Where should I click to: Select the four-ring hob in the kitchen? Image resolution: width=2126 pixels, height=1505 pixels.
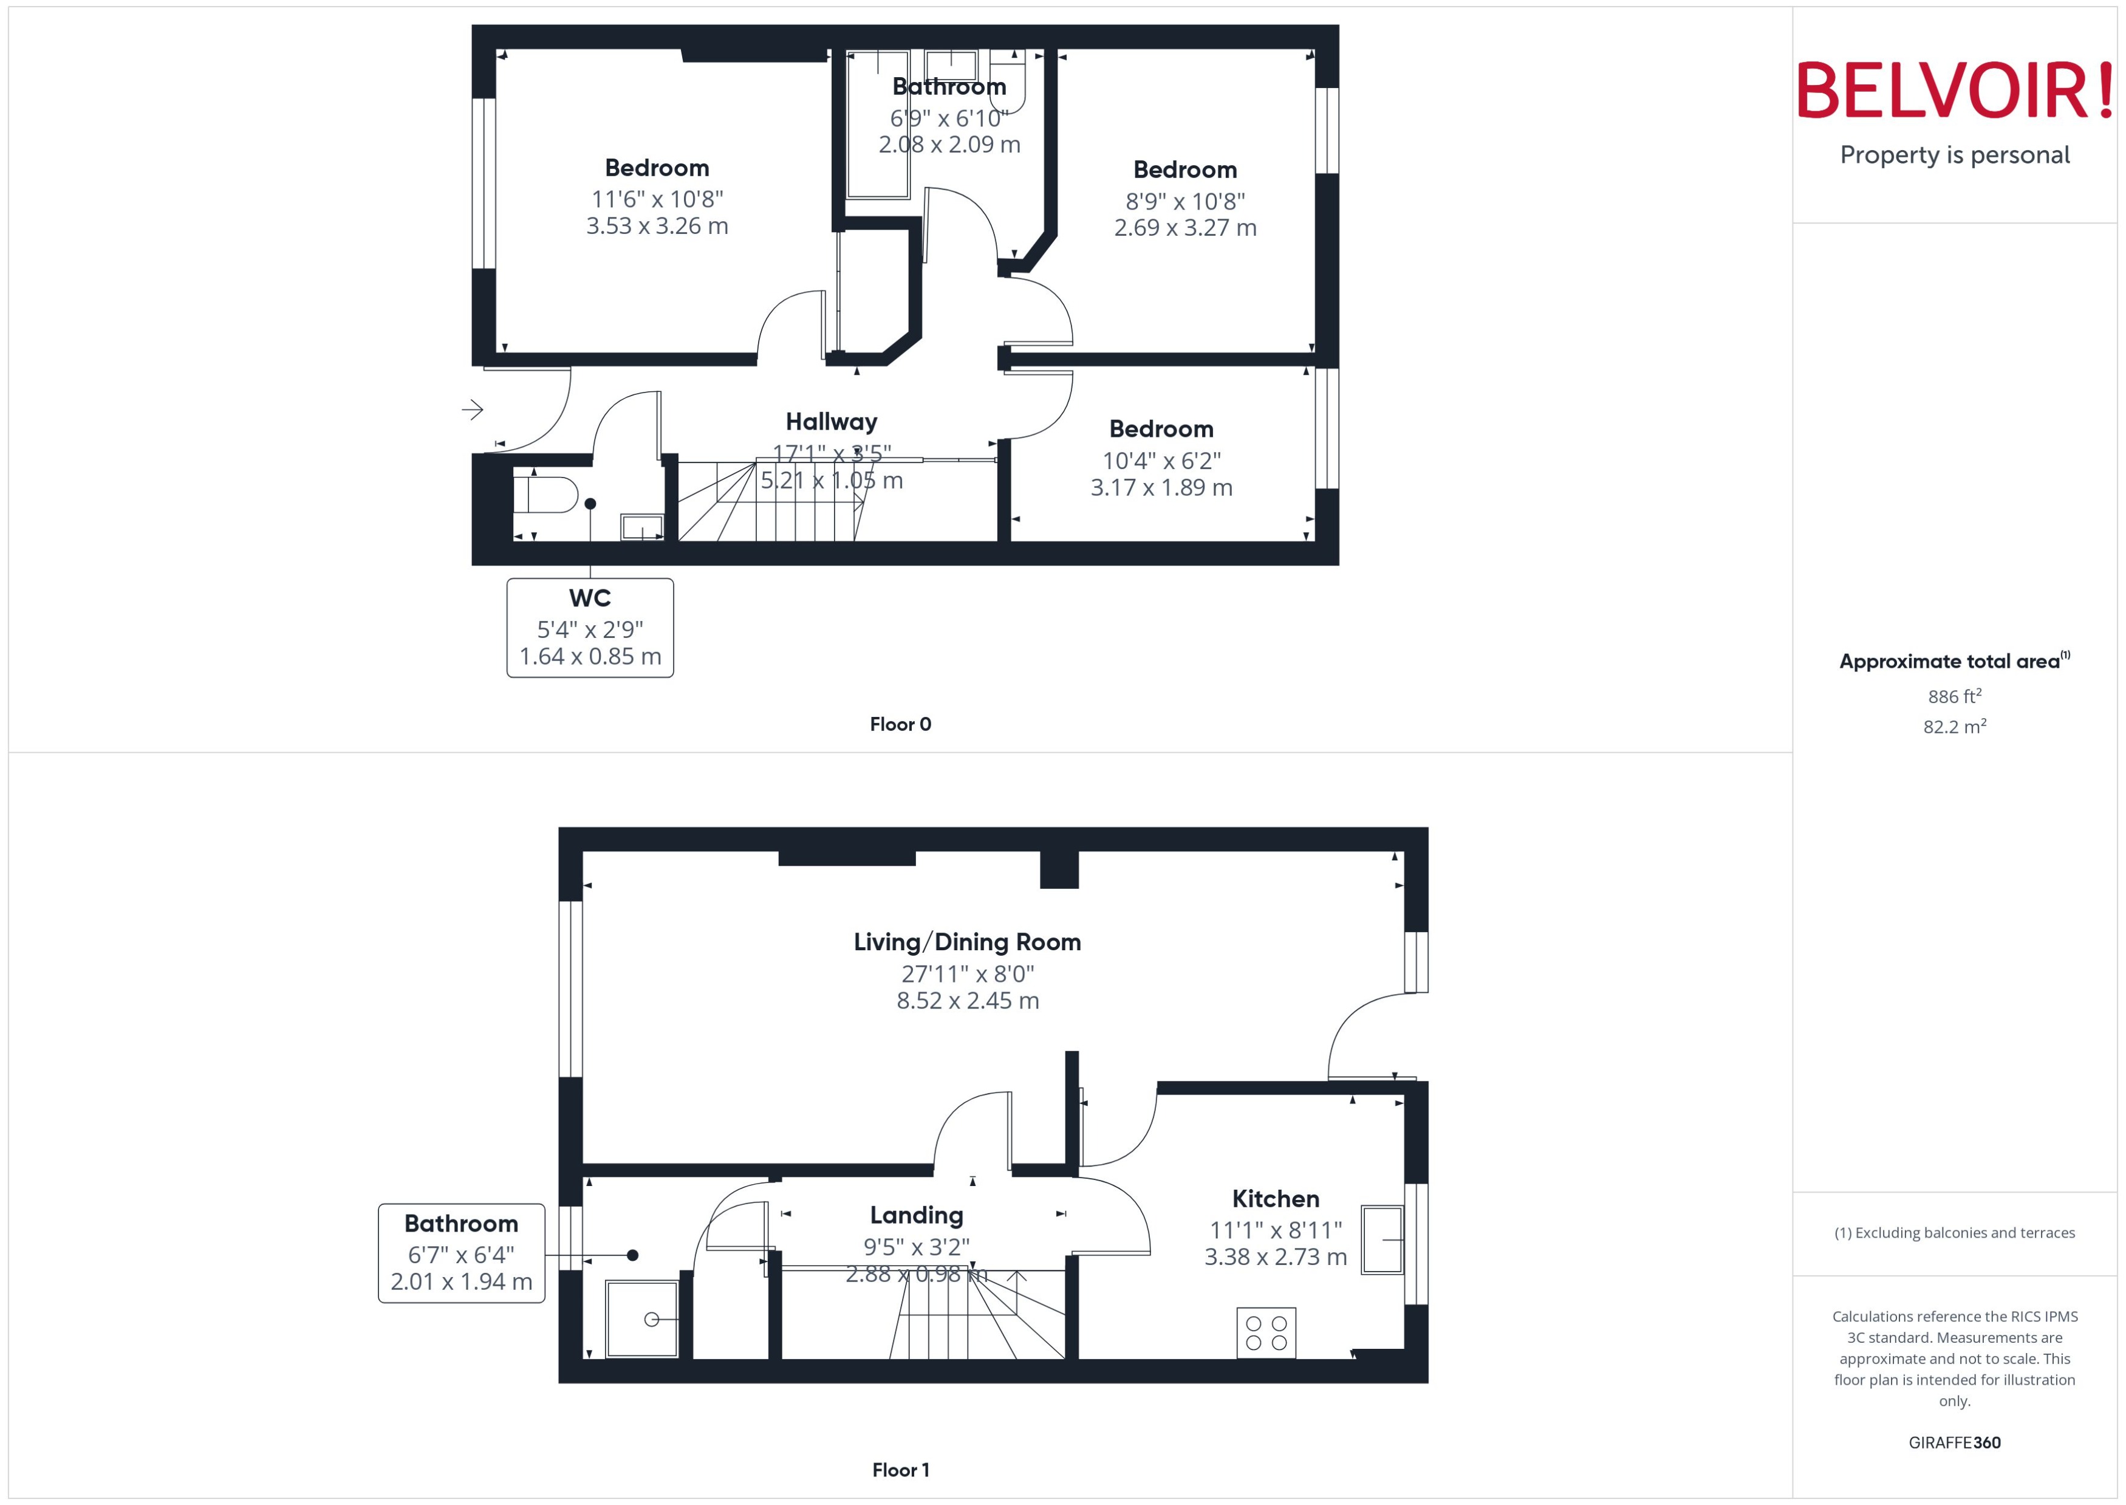click(x=1265, y=1332)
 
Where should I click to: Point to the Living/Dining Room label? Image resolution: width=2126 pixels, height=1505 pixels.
click(x=967, y=942)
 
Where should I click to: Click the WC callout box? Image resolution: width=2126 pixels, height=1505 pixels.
click(x=590, y=628)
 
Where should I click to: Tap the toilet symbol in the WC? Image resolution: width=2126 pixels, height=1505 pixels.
click(x=547, y=494)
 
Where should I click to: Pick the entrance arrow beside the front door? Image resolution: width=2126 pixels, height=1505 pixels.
click(x=473, y=409)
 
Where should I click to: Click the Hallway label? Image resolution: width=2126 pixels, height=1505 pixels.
click(x=831, y=422)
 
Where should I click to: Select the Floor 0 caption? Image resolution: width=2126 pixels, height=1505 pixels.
click(x=900, y=724)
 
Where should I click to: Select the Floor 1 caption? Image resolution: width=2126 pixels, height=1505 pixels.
click(x=900, y=1469)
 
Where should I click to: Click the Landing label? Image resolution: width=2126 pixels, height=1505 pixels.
click(x=916, y=1215)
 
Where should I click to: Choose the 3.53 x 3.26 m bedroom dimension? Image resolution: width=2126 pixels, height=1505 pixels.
click(x=657, y=226)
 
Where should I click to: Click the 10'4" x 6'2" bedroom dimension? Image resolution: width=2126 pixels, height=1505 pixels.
click(x=1161, y=461)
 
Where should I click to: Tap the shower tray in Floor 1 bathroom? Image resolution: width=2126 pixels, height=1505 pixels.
click(x=641, y=1318)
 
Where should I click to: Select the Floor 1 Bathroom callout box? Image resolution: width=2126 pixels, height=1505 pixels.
click(x=461, y=1253)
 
